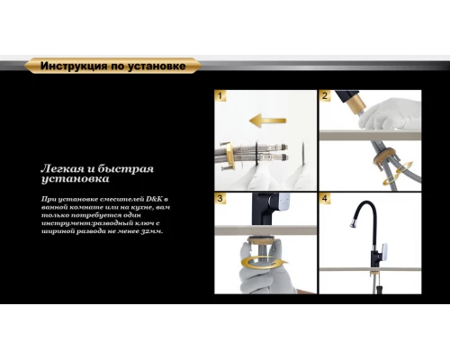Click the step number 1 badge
221,95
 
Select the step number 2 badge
326,95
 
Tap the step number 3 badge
221,198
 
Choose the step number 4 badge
326,198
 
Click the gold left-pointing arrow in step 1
267,120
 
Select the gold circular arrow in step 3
265,268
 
